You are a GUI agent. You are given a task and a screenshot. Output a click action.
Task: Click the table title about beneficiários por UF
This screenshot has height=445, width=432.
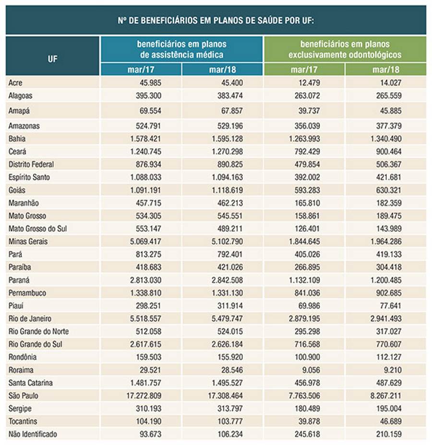(216, 21)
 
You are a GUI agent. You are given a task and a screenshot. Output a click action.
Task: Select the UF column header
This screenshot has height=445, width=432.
(53, 60)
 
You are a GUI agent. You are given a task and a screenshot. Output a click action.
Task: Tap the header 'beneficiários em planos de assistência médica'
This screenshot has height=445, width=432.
(181, 49)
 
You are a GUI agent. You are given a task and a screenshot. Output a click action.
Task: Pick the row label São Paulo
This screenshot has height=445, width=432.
(24, 396)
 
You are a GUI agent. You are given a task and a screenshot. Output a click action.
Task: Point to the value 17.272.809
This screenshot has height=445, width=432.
(141, 396)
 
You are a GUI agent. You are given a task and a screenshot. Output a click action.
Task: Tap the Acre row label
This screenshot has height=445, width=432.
(15, 83)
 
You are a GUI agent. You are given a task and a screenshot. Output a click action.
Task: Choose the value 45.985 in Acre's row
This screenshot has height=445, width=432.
(148, 83)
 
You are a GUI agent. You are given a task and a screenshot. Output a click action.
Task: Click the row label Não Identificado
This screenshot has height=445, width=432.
(33, 434)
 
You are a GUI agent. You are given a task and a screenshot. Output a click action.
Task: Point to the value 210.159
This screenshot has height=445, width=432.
(386, 434)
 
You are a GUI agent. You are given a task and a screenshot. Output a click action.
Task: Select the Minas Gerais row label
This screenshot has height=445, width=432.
(28, 241)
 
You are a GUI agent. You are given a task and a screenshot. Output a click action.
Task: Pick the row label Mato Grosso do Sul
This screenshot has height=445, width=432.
(37, 229)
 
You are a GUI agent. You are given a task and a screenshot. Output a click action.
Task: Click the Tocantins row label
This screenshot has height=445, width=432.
(23, 421)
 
